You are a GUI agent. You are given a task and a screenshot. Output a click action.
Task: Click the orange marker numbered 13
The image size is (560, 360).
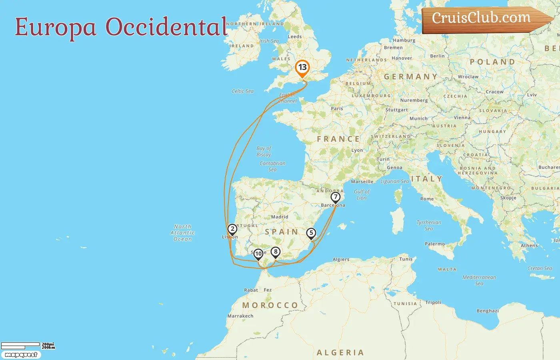pyautogui.click(x=302, y=68)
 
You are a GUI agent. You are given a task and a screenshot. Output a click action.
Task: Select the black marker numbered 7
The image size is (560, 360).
pyautogui.click(x=335, y=197)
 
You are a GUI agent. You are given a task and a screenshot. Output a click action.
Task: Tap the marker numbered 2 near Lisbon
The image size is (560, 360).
pyautogui.click(x=232, y=229)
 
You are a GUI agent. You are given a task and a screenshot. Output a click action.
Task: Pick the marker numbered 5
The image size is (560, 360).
pyautogui.click(x=311, y=233)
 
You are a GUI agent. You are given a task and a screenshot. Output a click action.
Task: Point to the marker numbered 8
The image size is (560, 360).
pyautogui.click(x=275, y=252)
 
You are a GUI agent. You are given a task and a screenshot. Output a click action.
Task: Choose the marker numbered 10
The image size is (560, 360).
pyautogui.click(x=258, y=254)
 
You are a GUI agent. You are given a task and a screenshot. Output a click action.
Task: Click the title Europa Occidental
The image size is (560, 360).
pyautogui.click(x=121, y=27)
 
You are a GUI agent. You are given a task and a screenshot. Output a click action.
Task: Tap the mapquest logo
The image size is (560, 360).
pyautogui.click(x=21, y=355)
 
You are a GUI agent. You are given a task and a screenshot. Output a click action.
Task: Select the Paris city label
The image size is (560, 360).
pyautogui.click(x=337, y=108)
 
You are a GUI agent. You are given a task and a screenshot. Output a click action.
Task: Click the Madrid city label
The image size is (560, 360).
pyautogui.click(x=280, y=217)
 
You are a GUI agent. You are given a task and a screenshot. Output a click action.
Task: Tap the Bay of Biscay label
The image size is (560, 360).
pyautogui.click(x=264, y=151)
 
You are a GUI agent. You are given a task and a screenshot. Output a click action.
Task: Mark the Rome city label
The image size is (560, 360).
pyautogui.click(x=427, y=199)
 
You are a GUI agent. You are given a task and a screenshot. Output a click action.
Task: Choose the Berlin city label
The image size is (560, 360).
pyautogui.click(x=437, y=56)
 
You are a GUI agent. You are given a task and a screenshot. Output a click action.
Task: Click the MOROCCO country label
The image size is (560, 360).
pyautogui.click(x=270, y=306)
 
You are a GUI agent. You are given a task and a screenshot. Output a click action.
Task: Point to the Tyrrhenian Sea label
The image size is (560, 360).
pyautogui.click(x=429, y=226)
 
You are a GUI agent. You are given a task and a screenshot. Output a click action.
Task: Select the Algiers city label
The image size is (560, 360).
pyautogui.click(x=341, y=260)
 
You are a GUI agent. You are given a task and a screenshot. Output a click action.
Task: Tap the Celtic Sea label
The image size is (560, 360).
pyautogui.click(x=242, y=91)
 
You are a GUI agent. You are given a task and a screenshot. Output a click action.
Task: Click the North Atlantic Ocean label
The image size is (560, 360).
pyautogui.click(x=182, y=233)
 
